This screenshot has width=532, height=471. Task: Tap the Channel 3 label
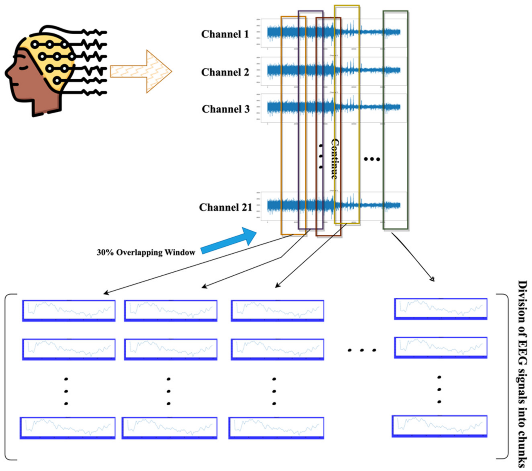click(225, 109)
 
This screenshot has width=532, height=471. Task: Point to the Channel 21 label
click(225, 207)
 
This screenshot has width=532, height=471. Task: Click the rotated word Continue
click(335, 159)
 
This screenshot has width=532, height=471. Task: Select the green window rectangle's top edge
click(395, 11)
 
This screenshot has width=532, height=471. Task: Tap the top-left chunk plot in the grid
click(69, 311)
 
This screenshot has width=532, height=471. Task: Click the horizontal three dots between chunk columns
click(362, 350)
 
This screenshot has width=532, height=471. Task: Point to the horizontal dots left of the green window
click(372, 159)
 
